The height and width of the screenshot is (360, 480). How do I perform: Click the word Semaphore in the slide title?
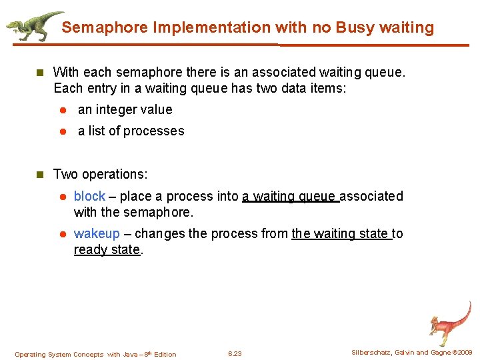(105, 28)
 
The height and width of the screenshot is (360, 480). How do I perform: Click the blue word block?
(89, 196)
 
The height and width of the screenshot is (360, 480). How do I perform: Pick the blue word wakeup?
(97, 233)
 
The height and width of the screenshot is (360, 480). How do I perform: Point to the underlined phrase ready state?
(107, 249)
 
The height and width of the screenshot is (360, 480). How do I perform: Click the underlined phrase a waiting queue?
(290, 196)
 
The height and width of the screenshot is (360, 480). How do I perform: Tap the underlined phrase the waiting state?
(341, 233)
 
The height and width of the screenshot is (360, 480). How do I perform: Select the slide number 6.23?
(235, 353)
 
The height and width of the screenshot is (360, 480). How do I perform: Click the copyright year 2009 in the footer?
(463, 353)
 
